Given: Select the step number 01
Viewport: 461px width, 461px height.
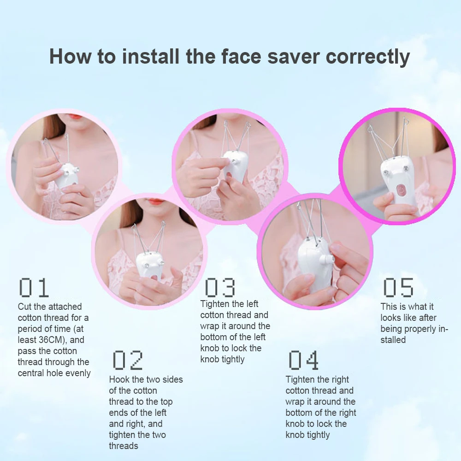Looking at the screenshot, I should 34,288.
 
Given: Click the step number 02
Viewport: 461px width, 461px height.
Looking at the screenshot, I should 128,361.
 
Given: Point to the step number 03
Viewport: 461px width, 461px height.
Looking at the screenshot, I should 219,287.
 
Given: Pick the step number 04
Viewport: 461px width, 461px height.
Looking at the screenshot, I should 303,361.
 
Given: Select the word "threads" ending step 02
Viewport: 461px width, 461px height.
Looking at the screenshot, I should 124,446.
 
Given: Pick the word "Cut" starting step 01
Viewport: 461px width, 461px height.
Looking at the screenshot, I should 25,307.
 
